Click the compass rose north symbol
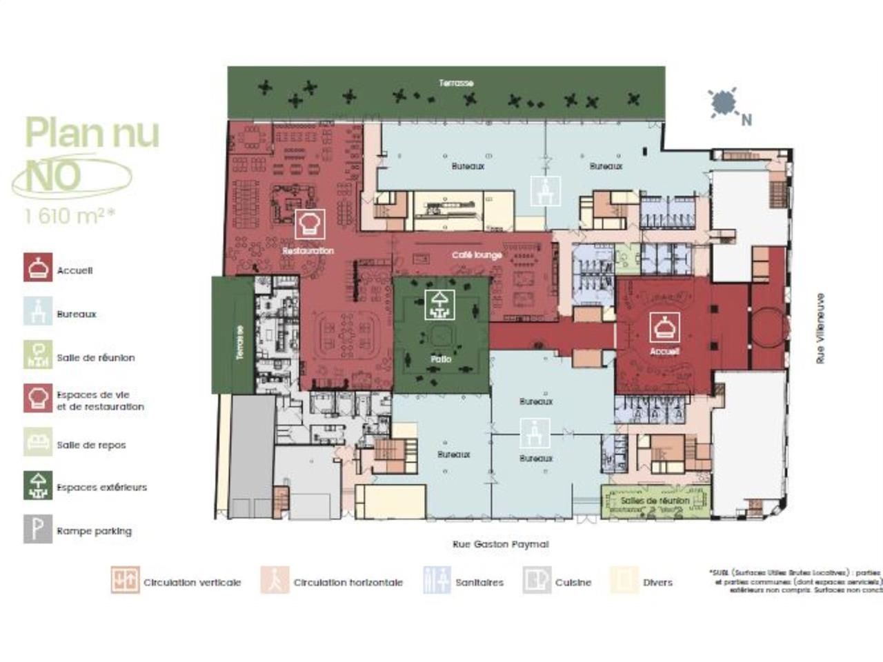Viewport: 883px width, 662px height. pyautogui.click(x=724, y=102)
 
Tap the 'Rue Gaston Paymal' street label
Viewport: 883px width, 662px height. pyautogui.click(x=500, y=544)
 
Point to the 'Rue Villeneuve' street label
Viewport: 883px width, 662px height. pyautogui.click(x=820, y=328)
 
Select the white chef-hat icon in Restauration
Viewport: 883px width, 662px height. pyautogui.click(x=310, y=224)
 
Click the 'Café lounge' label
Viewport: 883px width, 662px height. pyautogui.click(x=477, y=255)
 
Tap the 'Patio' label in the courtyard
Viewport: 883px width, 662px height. pyautogui.click(x=441, y=359)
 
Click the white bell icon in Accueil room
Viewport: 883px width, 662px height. pyautogui.click(x=664, y=327)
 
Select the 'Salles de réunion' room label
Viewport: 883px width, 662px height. pyautogui.click(x=655, y=501)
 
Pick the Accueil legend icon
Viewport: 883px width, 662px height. pyautogui.click(x=38, y=268)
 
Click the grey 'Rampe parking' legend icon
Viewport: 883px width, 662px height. pyautogui.click(x=38, y=529)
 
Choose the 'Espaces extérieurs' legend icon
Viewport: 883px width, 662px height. pyautogui.click(x=38, y=485)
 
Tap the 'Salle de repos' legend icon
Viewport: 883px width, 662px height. pyautogui.click(x=38, y=442)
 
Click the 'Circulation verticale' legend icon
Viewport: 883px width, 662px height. pyautogui.click(x=126, y=581)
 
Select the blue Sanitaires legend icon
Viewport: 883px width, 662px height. pyautogui.click(x=437, y=581)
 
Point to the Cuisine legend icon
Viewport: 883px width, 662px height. pyautogui.click(x=537, y=581)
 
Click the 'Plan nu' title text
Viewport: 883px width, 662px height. pyautogui.click(x=92, y=133)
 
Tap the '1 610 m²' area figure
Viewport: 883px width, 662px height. pyautogui.click(x=69, y=216)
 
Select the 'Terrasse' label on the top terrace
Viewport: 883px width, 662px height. pyautogui.click(x=456, y=83)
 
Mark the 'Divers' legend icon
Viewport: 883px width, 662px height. pyautogui.click(x=624, y=581)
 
